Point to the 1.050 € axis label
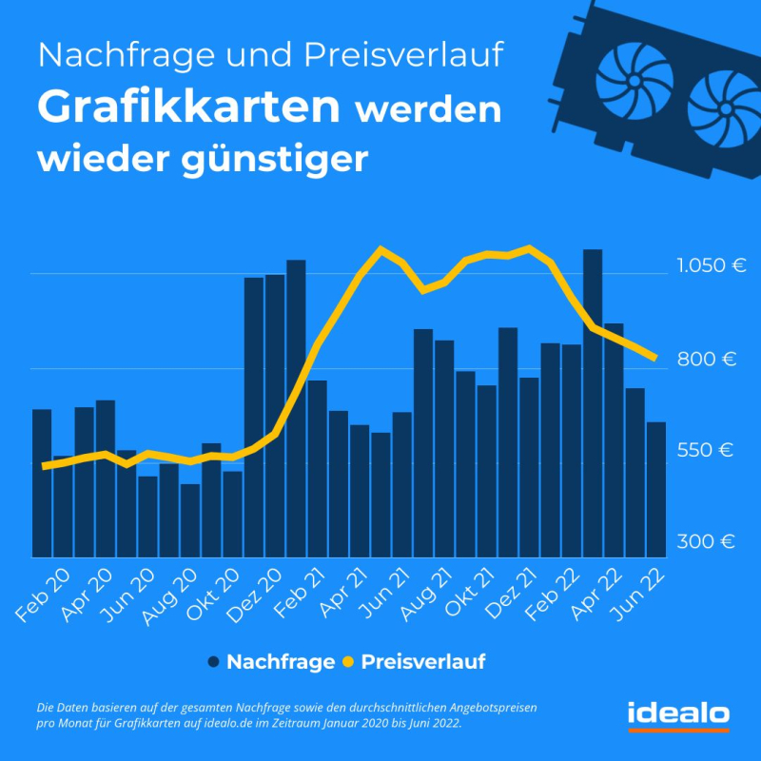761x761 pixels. coord(711,265)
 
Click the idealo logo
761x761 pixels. coord(678,713)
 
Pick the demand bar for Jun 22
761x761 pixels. coord(656,490)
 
